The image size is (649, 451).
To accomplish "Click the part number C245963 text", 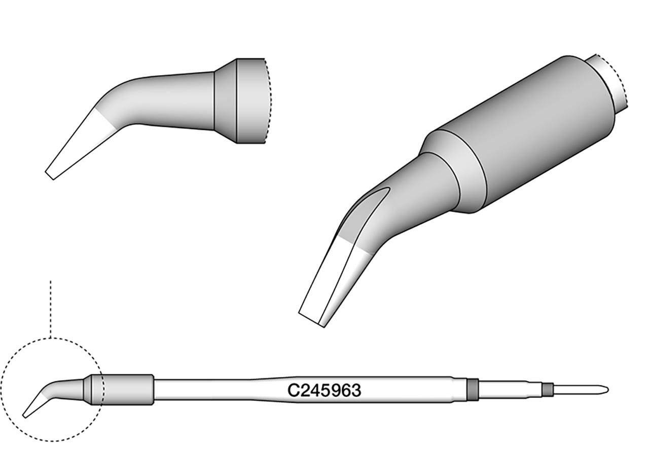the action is point(324,391).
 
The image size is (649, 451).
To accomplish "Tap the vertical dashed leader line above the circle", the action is point(50,309).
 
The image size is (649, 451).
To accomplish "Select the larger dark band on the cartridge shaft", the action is point(473,390).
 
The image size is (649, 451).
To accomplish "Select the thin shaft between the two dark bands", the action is point(510,390).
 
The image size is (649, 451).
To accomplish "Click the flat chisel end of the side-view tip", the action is point(50,175).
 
